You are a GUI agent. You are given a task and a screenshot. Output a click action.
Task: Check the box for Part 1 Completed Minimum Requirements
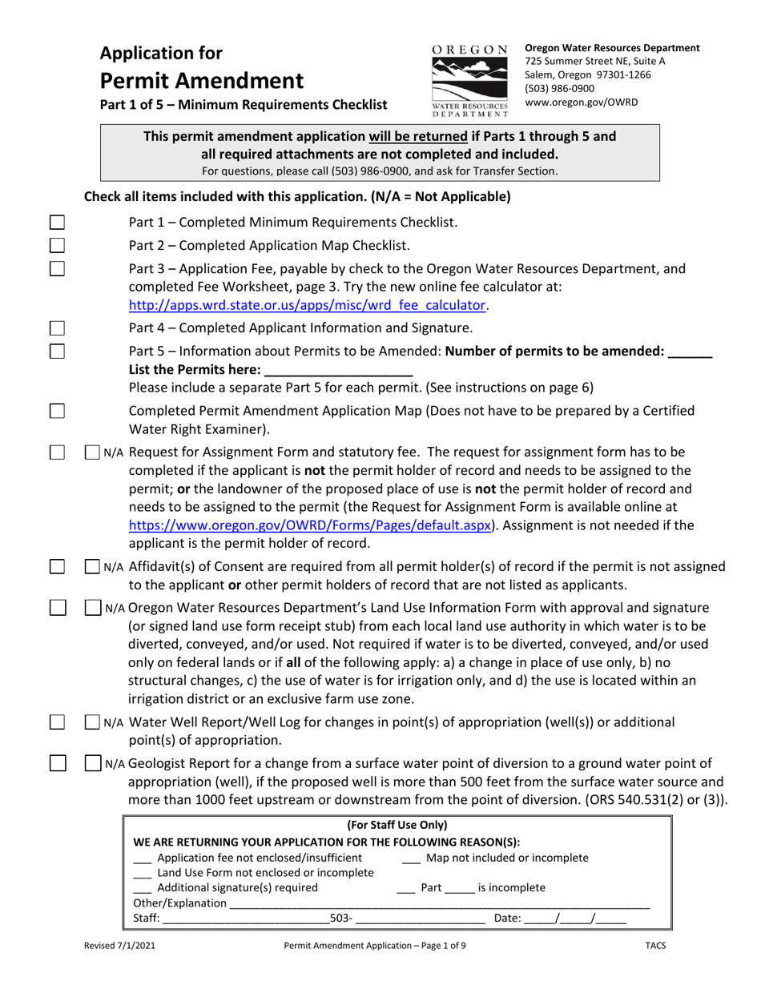click(x=57, y=223)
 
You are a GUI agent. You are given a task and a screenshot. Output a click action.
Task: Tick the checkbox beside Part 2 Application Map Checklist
click(x=57, y=245)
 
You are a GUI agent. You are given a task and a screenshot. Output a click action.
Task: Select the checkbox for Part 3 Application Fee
click(x=57, y=268)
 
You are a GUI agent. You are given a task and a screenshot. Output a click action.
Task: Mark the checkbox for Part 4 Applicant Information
click(x=57, y=328)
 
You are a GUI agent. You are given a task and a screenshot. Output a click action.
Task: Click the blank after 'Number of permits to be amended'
click(x=690, y=351)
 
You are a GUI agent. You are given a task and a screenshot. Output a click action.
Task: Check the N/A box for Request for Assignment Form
click(x=93, y=452)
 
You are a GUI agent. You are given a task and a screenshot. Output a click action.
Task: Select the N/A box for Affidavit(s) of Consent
click(x=93, y=567)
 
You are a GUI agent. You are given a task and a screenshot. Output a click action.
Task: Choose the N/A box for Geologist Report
click(x=93, y=764)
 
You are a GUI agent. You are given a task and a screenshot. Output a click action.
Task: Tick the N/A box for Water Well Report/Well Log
click(x=93, y=722)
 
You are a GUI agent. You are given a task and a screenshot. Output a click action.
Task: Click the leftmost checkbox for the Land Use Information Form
click(x=57, y=608)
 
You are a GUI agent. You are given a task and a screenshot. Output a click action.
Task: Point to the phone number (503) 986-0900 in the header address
click(x=560, y=88)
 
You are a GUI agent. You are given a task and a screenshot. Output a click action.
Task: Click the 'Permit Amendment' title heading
click(x=201, y=81)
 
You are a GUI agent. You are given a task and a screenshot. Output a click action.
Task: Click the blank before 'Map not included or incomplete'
click(x=411, y=858)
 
